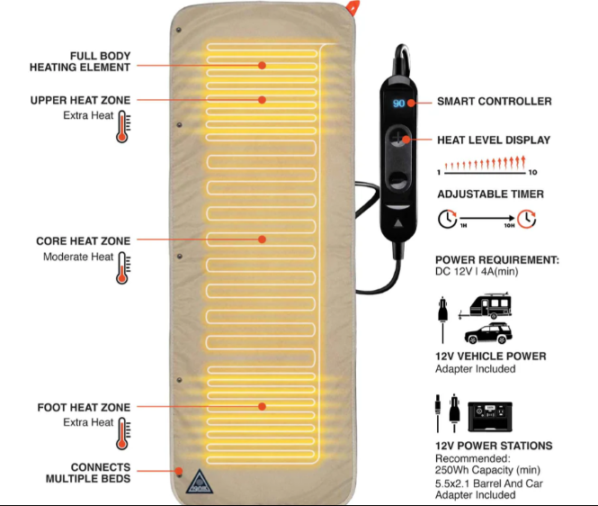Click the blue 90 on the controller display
tap(398, 104)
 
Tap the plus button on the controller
tap(397, 138)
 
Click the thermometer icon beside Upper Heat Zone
tap(123, 127)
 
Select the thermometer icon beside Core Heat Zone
tap(123, 268)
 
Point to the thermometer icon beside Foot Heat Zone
tap(123, 433)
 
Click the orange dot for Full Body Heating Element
tap(262, 66)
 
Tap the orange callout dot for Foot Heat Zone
tap(262, 406)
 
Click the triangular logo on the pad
tap(199, 482)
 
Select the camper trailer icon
tap(485, 306)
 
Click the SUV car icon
tap(488, 333)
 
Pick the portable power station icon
tap(490, 417)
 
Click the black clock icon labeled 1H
tap(447, 219)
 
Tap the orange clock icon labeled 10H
tap(527, 219)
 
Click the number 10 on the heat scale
tap(532, 173)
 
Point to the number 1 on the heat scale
tap(439, 173)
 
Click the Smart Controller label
tap(495, 101)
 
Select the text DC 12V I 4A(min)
tap(477, 272)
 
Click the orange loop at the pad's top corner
tap(353, 7)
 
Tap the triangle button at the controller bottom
tap(398, 222)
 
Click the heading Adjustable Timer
tap(490, 194)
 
